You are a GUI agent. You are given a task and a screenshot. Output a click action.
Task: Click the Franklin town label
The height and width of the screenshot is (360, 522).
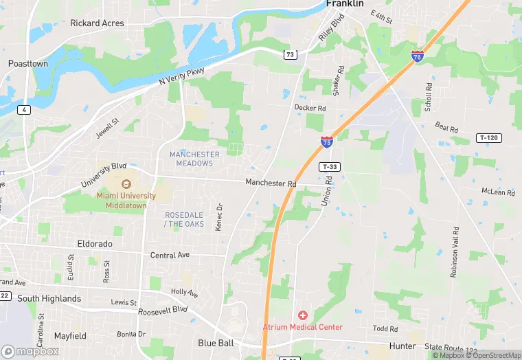[345, 4]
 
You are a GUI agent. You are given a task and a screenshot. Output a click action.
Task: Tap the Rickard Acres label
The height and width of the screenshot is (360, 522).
[97, 23]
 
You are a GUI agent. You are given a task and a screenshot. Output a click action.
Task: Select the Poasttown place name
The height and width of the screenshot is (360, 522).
[28, 63]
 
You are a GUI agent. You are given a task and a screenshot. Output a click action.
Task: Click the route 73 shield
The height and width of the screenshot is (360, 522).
[291, 54]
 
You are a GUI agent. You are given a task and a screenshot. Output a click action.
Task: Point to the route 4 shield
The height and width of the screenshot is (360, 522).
[25, 110]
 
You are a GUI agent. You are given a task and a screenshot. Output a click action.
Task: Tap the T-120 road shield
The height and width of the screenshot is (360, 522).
[488, 138]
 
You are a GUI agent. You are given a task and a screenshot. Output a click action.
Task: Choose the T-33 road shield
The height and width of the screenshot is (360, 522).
[330, 167]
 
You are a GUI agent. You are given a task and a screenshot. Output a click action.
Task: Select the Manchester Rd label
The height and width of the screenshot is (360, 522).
[271, 183]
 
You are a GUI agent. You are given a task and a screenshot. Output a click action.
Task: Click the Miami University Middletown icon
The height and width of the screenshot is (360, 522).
[126, 184]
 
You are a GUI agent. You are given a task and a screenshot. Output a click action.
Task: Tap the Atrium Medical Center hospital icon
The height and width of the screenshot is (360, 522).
[302, 315]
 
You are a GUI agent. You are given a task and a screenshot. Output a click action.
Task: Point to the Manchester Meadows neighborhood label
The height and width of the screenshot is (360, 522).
[194, 158]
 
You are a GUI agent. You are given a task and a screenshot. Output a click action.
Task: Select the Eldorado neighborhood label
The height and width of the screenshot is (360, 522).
[94, 244]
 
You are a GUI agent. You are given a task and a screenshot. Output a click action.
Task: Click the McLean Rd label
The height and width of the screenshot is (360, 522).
[498, 192]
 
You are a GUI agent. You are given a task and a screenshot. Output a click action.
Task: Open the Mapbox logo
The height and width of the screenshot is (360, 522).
[30, 351]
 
